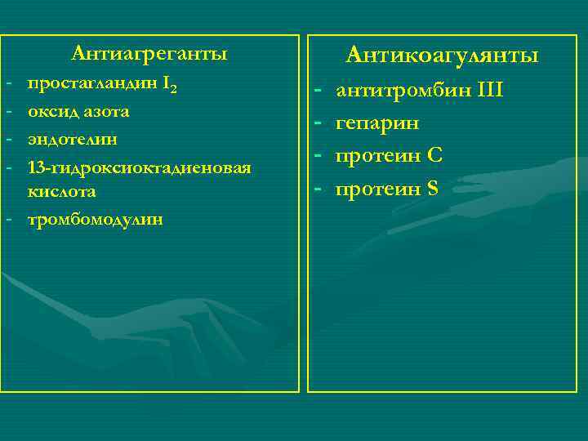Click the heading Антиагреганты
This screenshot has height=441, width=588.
coord(149,54)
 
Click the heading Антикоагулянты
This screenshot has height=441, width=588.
coord(442,56)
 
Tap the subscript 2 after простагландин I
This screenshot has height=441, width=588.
coord(174,89)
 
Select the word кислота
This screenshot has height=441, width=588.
coord(62,192)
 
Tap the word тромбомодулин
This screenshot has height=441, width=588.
coord(95,220)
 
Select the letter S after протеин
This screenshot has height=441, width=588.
coord(432,189)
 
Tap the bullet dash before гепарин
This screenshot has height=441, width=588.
coord(319,122)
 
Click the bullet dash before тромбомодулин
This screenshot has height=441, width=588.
coord(7,220)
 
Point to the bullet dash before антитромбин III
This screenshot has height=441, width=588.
coord(319,89)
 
